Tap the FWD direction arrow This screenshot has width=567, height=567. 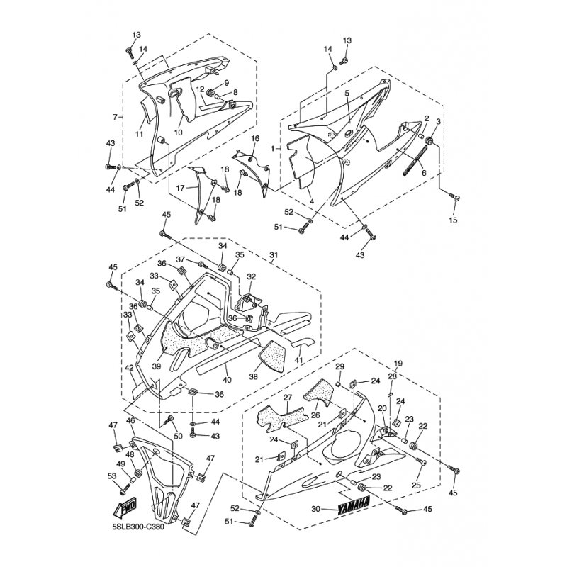click(127, 508)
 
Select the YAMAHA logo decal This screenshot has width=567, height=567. click(353, 506)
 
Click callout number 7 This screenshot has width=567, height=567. click(115, 116)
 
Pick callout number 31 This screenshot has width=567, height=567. click(274, 254)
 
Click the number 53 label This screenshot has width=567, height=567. click(111, 476)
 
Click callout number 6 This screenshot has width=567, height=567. click(423, 173)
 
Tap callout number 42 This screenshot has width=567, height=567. click(130, 369)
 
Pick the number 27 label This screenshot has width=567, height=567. click(288, 398)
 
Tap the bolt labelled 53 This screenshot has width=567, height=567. click(125, 488)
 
